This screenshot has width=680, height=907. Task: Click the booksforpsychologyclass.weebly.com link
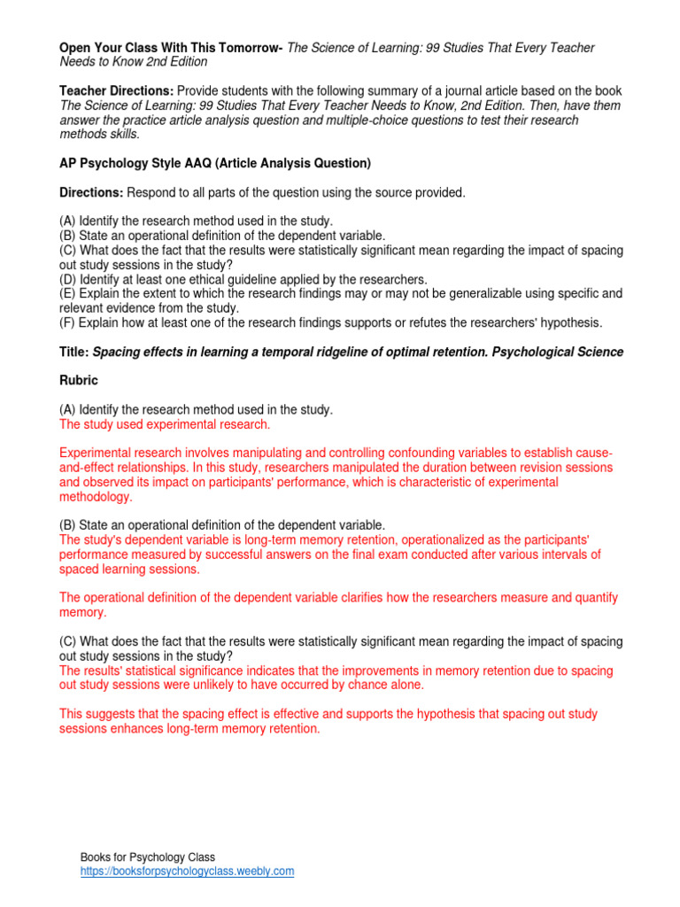(x=187, y=871)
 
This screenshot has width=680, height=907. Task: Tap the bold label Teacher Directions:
(x=116, y=91)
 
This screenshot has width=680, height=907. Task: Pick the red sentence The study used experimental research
(x=165, y=424)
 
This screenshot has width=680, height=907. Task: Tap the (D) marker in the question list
(x=67, y=278)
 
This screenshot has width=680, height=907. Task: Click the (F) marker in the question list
(x=67, y=322)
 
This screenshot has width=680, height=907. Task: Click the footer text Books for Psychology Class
(x=148, y=857)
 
